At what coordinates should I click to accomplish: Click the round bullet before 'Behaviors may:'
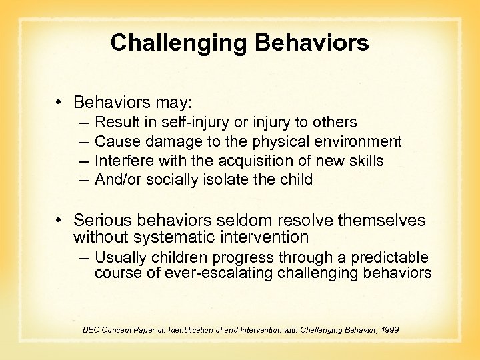click(x=60, y=103)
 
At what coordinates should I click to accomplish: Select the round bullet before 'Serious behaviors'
click(x=60, y=220)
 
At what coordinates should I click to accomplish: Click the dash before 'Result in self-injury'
click(x=82, y=123)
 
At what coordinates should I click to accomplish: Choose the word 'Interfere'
click(x=123, y=161)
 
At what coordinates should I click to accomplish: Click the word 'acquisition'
click(x=248, y=161)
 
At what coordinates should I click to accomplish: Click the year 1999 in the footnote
click(x=387, y=329)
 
